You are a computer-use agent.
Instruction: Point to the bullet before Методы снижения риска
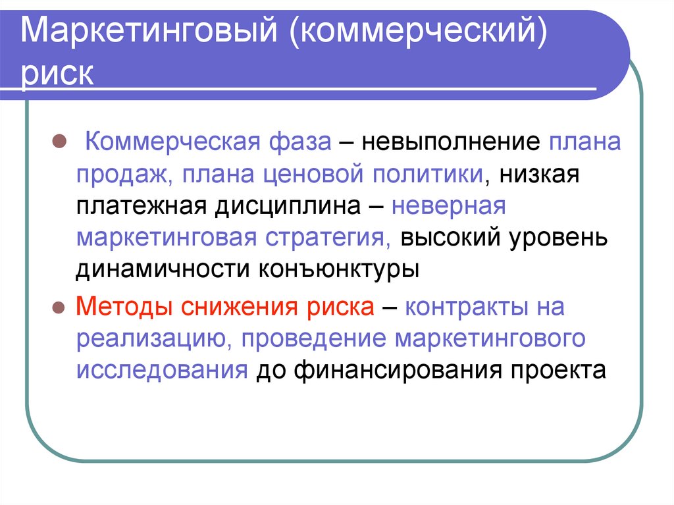click(57, 307)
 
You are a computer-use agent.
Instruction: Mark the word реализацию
click(151, 339)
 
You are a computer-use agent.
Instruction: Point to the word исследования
click(161, 371)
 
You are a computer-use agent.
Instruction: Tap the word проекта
click(557, 371)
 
